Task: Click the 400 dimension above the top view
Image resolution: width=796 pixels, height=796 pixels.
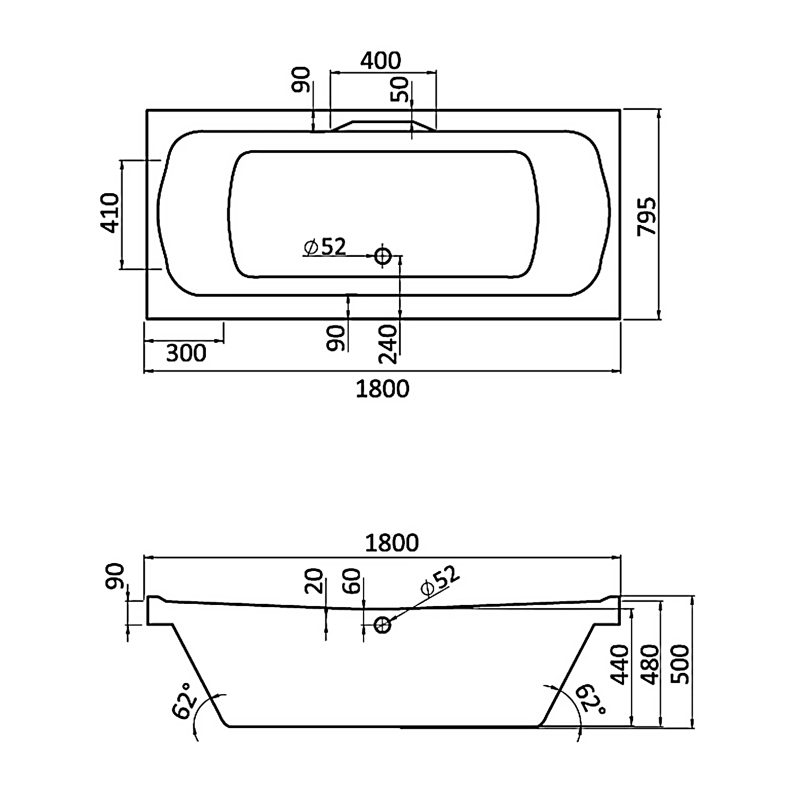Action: (x=380, y=60)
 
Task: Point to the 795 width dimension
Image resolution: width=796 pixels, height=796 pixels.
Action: (x=647, y=216)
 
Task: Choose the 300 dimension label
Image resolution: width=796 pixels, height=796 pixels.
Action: (x=186, y=353)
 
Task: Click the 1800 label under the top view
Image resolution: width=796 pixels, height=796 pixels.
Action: (x=382, y=389)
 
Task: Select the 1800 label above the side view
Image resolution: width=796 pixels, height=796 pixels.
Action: (x=392, y=542)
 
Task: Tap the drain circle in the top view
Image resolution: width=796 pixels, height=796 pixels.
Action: (x=383, y=256)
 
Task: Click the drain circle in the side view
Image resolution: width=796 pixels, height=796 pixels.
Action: (x=383, y=625)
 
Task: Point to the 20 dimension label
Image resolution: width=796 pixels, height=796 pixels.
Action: (x=314, y=581)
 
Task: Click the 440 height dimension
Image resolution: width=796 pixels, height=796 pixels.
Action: (x=620, y=664)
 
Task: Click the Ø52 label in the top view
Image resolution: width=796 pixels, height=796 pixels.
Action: (x=325, y=247)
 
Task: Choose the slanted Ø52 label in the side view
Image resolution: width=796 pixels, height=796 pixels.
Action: (x=439, y=581)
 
